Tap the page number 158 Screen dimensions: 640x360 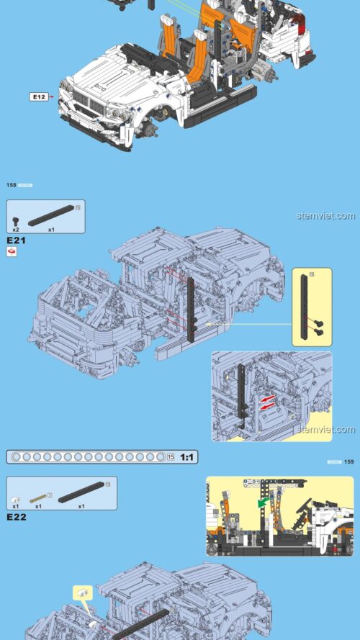(12, 186)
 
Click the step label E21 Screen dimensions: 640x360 (16, 240)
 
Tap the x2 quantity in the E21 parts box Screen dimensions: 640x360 (15, 229)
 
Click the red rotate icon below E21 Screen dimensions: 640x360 (12, 251)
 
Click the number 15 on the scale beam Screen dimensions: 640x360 (171, 457)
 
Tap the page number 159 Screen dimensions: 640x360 (349, 461)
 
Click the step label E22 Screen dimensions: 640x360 (16, 517)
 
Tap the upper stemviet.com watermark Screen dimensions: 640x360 (325, 216)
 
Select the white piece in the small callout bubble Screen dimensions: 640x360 (84, 594)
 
